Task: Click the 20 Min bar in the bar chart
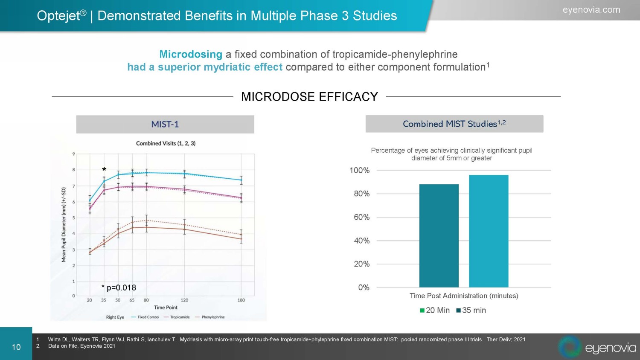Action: [x=439, y=235]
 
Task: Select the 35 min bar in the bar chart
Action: [x=489, y=231]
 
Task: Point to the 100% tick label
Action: [x=359, y=170]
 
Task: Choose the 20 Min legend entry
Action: [x=435, y=311]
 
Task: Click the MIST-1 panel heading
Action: [x=165, y=125]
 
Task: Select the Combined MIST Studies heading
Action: [x=454, y=124]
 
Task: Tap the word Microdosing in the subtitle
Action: [x=191, y=54]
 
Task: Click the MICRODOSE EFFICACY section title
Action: [x=309, y=97]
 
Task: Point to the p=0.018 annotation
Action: [x=119, y=287]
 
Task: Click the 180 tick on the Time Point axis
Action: [x=241, y=300]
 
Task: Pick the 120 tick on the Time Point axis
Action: [x=184, y=300]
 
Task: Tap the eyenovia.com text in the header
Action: [x=591, y=10]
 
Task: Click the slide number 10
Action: [x=16, y=347]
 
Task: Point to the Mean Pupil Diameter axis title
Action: [x=64, y=224]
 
